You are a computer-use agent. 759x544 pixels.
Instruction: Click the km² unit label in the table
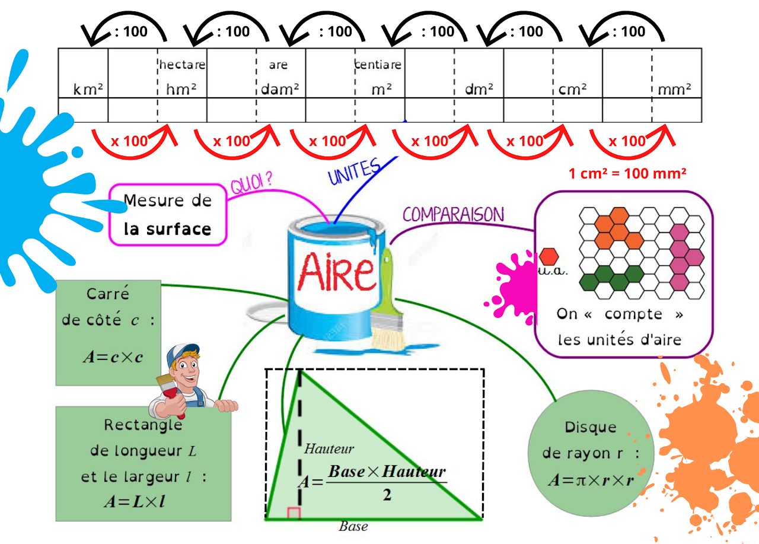point(88,90)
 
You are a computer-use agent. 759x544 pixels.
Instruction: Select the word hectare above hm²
point(181,64)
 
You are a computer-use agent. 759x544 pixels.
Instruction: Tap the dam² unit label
point(280,90)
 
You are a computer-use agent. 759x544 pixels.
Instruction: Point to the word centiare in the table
point(378,64)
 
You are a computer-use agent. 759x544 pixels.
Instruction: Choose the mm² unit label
point(675,90)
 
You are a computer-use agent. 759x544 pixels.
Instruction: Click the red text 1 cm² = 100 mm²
point(627,174)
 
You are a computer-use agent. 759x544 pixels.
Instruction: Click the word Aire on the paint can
point(336,271)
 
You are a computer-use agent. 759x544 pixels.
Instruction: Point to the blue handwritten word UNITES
point(354,171)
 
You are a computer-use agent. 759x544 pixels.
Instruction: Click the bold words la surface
point(167,229)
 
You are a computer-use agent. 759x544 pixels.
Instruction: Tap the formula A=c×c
point(113,357)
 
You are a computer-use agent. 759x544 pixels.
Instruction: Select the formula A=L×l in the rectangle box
point(135,501)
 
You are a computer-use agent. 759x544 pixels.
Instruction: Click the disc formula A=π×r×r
point(591,480)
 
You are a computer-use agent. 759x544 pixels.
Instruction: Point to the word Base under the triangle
point(353,526)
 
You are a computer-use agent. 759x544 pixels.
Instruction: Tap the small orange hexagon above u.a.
point(549,257)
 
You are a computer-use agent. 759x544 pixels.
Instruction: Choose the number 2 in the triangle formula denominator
point(387,494)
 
